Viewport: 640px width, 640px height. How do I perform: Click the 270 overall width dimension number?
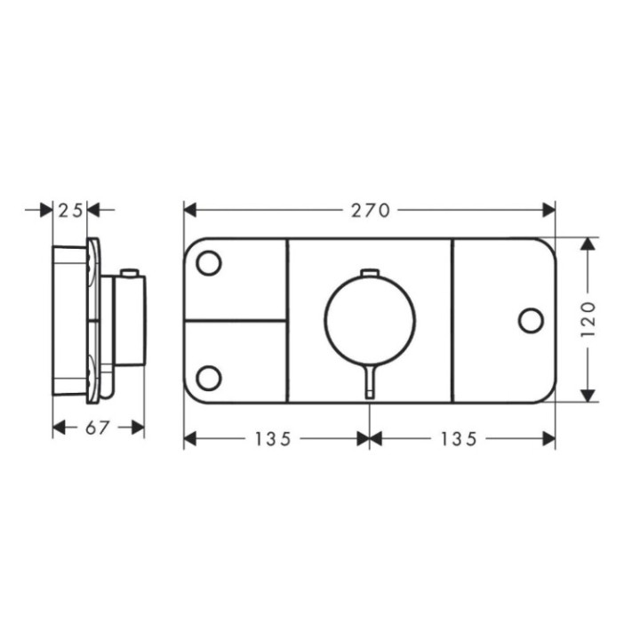(369, 211)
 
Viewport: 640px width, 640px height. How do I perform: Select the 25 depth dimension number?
(70, 211)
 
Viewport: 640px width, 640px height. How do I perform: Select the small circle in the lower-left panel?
(209, 378)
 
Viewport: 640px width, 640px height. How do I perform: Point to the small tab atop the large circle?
(370, 272)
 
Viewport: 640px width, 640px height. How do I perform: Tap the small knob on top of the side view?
(132, 272)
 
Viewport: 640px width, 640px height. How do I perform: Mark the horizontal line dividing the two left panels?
(236, 319)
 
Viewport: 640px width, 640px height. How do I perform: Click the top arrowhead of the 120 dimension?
(588, 244)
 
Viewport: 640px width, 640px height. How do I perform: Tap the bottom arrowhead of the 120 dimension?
(588, 395)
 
